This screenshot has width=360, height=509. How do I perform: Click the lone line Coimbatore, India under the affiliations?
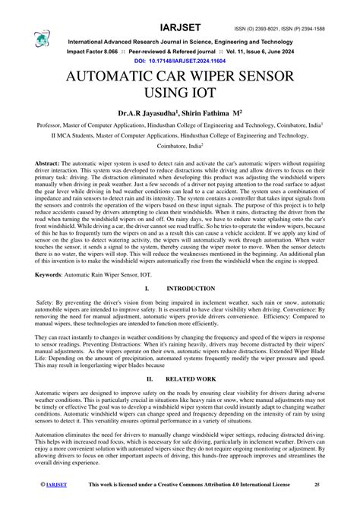[179, 150]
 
